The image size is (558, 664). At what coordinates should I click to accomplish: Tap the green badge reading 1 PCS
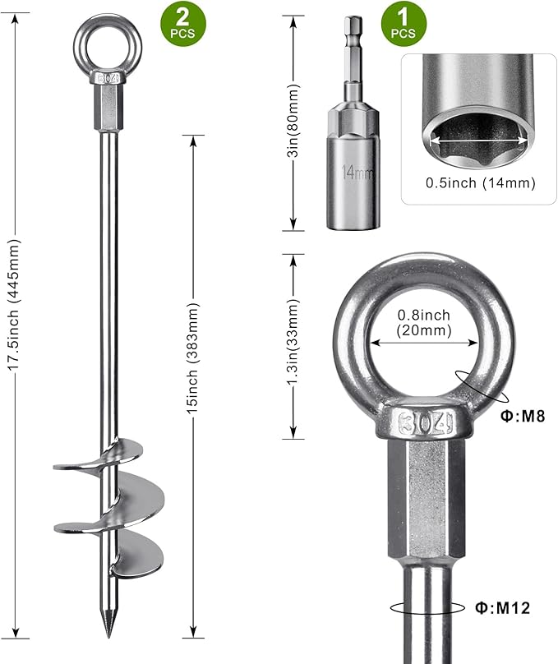point(404,26)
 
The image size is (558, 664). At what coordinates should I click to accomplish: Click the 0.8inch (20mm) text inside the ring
point(424,323)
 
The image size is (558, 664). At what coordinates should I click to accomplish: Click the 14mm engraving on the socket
point(357,173)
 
